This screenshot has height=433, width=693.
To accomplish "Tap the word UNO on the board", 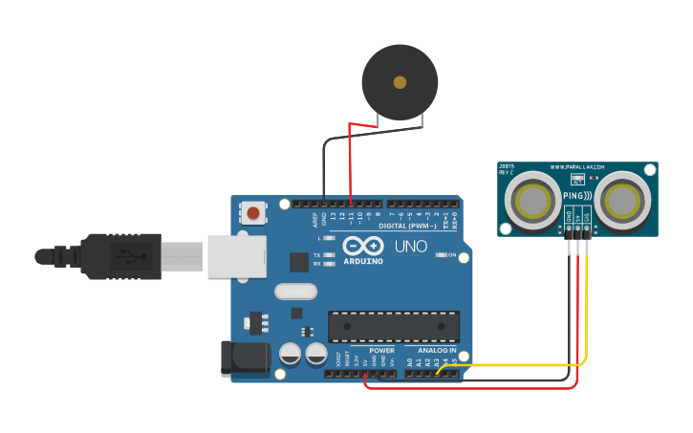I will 411,246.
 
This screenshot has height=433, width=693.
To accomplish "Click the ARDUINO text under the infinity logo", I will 362,261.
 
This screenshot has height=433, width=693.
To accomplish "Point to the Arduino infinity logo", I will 362,246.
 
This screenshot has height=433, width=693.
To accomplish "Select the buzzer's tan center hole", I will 400,82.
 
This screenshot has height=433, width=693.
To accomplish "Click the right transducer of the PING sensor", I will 623,200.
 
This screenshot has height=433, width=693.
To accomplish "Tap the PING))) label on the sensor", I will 577,194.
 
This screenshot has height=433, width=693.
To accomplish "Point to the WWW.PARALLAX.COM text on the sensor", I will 577,168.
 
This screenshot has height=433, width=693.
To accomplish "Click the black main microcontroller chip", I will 393,326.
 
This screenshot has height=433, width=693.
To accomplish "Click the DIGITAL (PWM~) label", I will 407,227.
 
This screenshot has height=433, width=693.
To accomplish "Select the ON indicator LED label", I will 450,255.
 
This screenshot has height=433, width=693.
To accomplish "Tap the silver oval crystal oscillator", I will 294,292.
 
